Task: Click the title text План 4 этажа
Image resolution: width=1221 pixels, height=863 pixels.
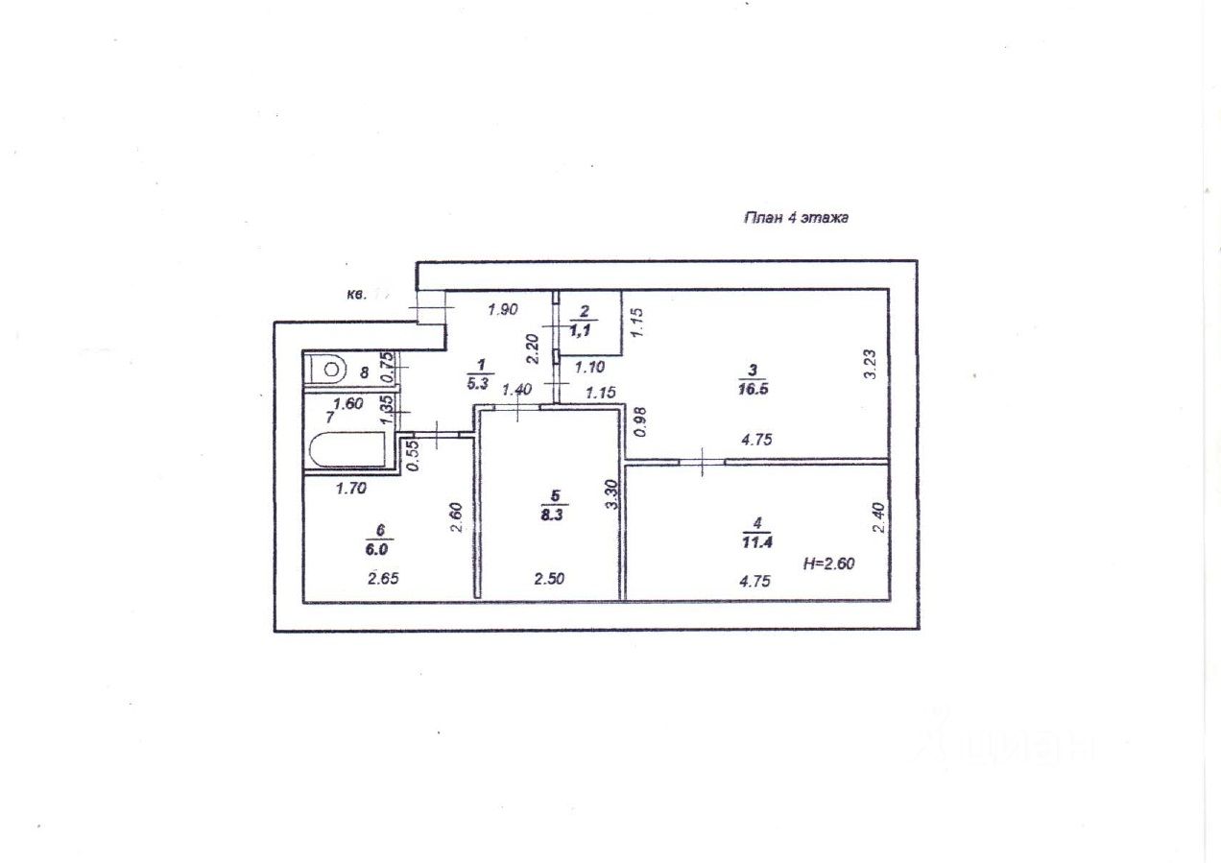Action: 796,218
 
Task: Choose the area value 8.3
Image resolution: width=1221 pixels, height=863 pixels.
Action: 553,514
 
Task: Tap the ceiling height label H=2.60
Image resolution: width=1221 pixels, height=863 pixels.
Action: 828,563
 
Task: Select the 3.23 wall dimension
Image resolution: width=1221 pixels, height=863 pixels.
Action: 870,366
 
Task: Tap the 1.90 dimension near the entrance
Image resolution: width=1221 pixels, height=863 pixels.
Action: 503,309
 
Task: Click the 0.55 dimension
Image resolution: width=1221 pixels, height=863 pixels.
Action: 412,453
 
